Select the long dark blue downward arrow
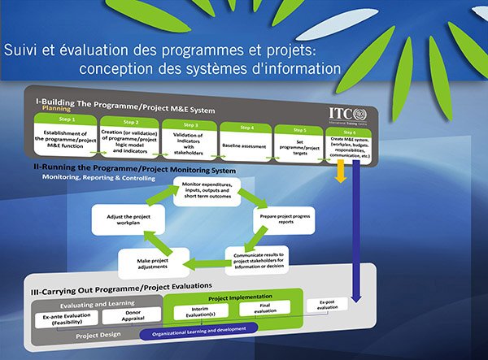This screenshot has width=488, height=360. pos(355,228)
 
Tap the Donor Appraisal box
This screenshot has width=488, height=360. pos(131,316)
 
